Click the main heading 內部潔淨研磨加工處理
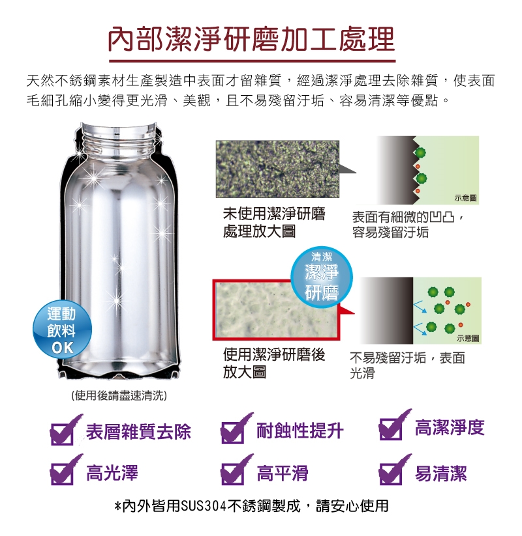pos(252,39)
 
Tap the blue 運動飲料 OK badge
pos(62,330)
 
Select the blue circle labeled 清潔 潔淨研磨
pos(321,277)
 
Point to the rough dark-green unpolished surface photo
pos(277,169)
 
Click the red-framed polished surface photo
pos(276,310)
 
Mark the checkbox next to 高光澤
pos(63,473)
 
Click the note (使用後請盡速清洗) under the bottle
pos(119,395)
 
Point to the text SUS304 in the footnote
pos(204,506)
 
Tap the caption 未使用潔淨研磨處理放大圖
pos(274,223)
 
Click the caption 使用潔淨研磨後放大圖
pos(274,363)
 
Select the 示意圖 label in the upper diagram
pos(465,198)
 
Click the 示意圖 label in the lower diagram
pos(468,338)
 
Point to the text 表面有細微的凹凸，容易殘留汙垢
pos(408,224)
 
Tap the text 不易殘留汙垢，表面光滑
pos(408,365)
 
